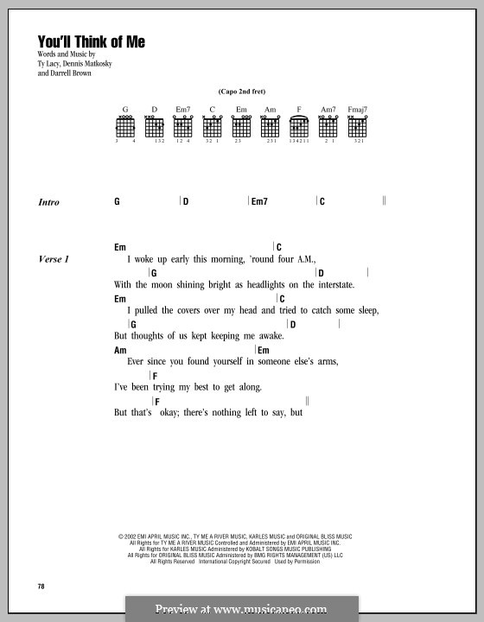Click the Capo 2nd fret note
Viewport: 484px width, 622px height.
[x=241, y=91]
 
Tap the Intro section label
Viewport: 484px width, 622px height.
[x=49, y=202]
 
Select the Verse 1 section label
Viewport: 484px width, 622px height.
[x=54, y=258]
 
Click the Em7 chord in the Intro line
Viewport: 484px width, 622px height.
[x=259, y=201]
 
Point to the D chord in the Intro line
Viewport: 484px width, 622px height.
[x=186, y=201]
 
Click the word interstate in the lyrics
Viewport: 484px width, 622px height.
[x=334, y=283]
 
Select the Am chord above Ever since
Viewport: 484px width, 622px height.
[x=120, y=350]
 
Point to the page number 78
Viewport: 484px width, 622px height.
[x=41, y=587]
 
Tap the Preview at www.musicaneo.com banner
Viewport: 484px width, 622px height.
[x=241, y=609]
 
